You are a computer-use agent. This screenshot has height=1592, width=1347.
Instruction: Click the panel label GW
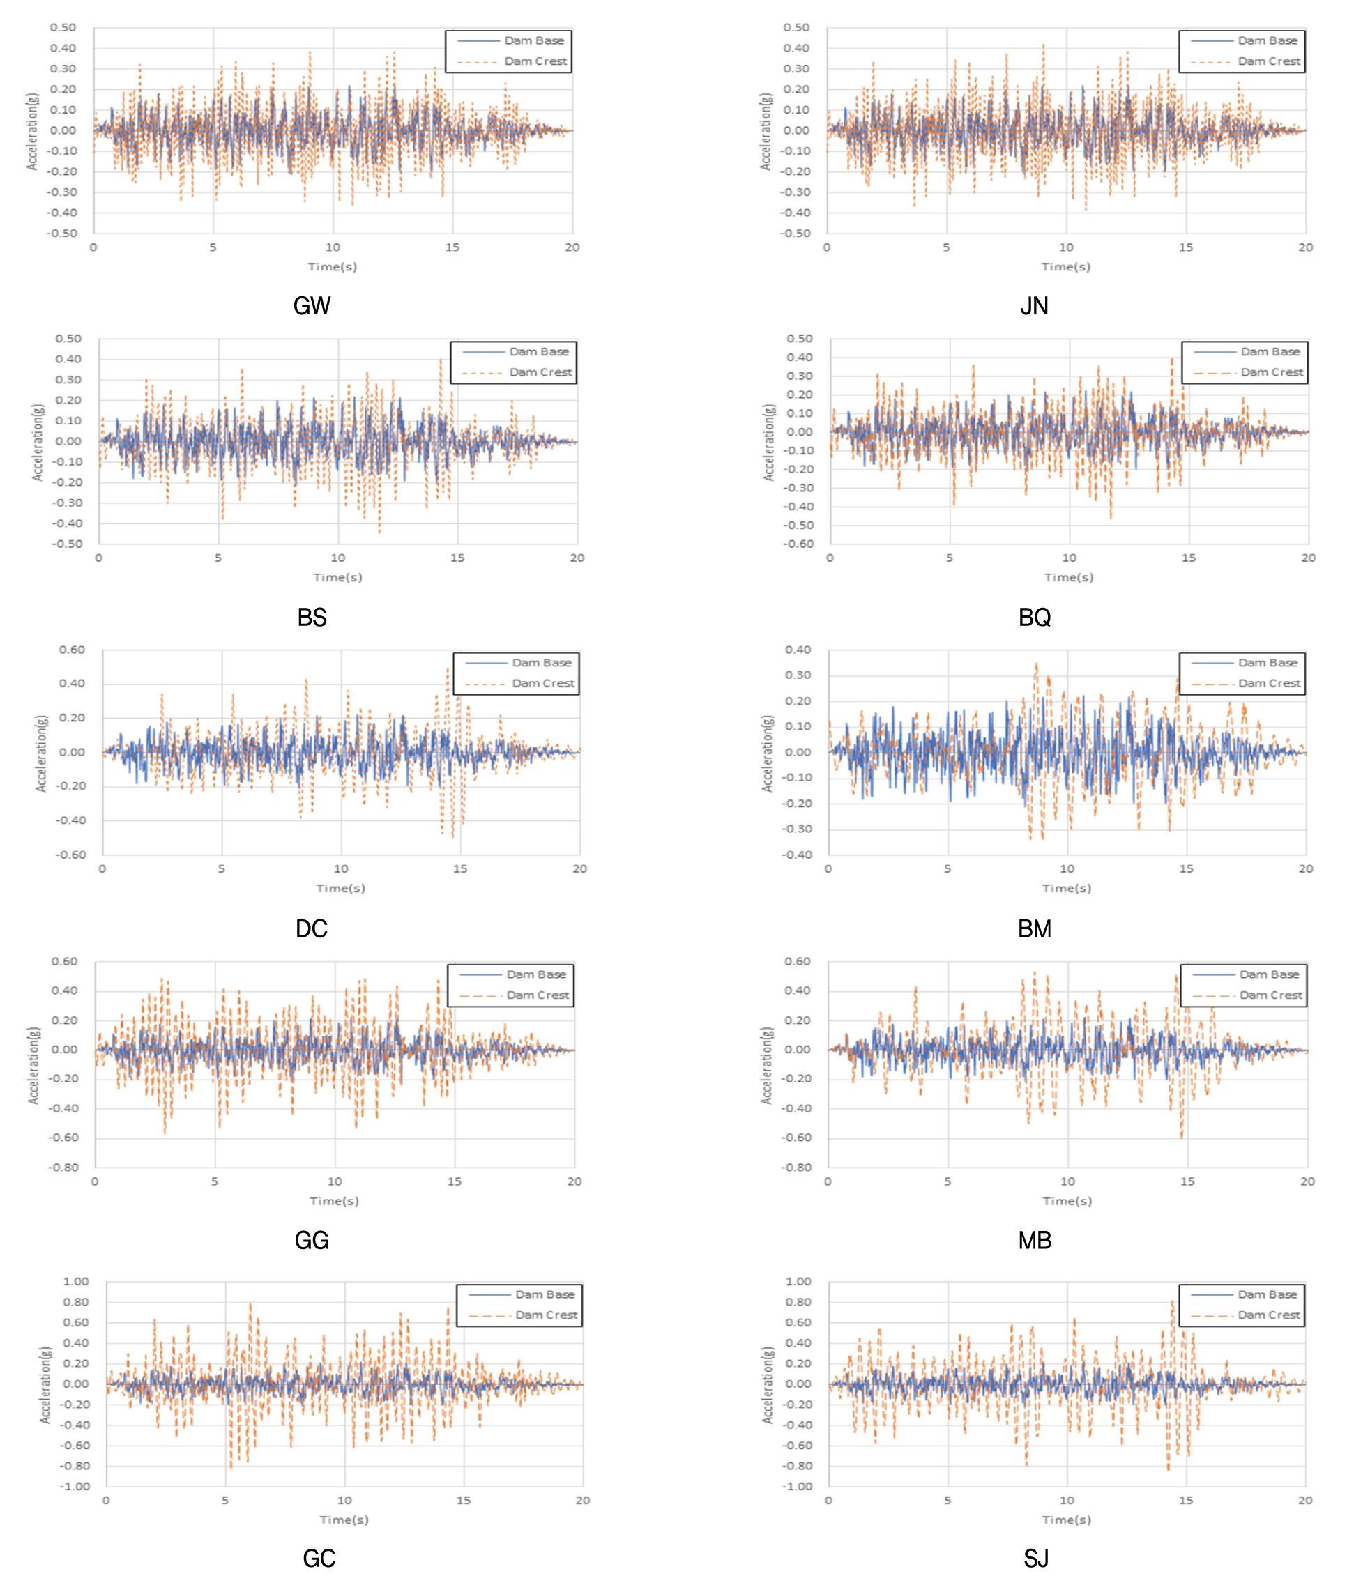tap(312, 306)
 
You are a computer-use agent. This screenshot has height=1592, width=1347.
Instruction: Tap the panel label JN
tap(1034, 306)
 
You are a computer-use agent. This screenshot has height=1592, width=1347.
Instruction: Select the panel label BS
tap(312, 617)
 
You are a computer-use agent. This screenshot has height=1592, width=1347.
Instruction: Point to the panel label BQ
tap(1034, 617)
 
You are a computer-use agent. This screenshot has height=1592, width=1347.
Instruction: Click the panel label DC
tap(312, 928)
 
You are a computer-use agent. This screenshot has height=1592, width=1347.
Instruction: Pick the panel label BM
tap(1034, 928)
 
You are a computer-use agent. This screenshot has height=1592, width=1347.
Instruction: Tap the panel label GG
tap(312, 1240)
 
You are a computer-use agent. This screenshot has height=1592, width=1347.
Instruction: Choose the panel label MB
tap(1034, 1240)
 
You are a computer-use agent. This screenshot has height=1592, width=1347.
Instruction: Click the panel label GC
tap(319, 1558)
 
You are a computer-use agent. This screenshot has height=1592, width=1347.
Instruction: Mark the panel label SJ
tap(1035, 1558)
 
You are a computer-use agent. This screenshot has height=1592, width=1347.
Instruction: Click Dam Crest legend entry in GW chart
tap(535, 61)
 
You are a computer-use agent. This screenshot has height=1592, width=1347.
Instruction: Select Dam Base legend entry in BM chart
tap(1268, 663)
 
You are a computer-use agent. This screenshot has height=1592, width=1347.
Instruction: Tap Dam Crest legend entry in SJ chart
tap(1268, 1315)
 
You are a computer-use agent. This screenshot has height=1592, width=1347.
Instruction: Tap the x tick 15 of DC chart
tap(459, 869)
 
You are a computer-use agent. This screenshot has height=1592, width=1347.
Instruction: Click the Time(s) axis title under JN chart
tap(1066, 266)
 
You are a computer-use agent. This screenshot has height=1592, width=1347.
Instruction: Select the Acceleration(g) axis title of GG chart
tap(33, 1065)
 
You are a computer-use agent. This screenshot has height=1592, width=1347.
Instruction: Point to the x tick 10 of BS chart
tap(337, 558)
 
